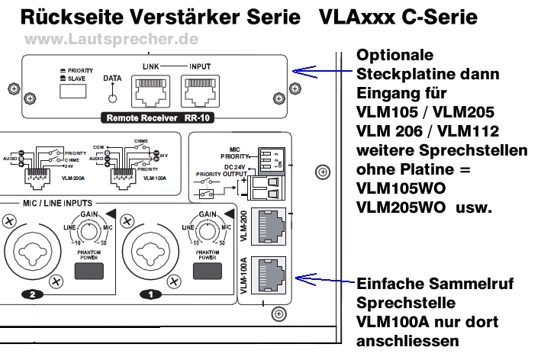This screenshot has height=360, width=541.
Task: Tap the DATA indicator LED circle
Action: (x=112, y=97)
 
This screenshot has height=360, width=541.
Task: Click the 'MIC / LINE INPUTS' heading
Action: (x=58, y=204)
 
